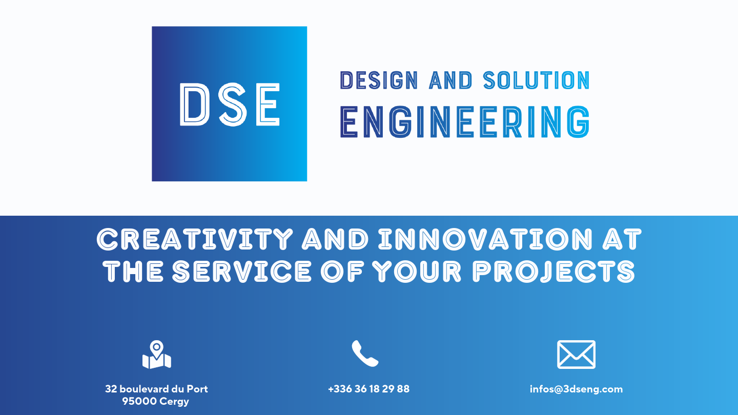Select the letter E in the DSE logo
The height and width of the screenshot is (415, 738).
(265, 104)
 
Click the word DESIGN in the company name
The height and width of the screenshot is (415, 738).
(379, 80)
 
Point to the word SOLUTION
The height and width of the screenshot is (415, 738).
(536, 80)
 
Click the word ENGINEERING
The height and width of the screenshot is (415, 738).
(465, 122)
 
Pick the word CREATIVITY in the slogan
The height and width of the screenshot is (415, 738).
(195, 239)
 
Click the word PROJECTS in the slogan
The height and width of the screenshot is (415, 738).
(554, 271)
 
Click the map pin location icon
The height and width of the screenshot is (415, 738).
(156, 355)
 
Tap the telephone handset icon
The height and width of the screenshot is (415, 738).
(364, 354)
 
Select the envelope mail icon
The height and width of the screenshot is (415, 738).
(576, 354)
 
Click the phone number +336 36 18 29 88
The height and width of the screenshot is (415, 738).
(368, 389)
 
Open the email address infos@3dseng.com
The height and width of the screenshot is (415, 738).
(576, 389)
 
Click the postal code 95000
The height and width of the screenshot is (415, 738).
(139, 402)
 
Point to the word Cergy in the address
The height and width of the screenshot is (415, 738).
(174, 402)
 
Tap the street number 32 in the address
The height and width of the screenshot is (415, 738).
(111, 389)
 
